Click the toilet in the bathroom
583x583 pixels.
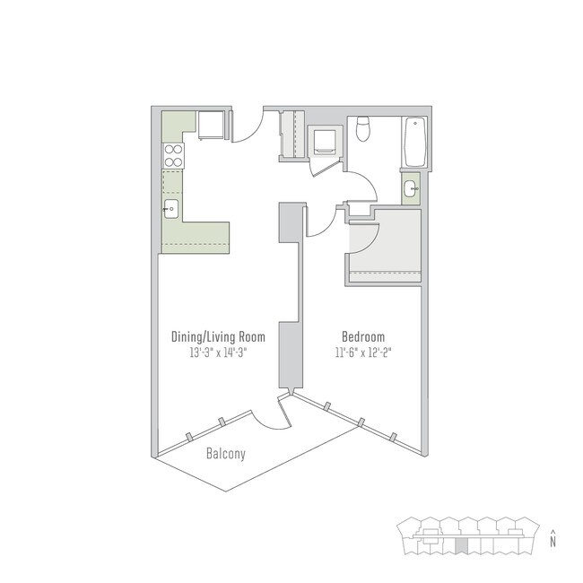(x=363, y=129)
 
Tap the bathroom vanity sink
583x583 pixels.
(x=410, y=188)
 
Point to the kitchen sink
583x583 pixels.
(x=172, y=210)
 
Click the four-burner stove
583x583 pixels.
(x=172, y=156)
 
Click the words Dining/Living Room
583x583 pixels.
(x=218, y=337)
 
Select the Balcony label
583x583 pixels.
(x=226, y=454)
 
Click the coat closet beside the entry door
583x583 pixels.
(x=292, y=133)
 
